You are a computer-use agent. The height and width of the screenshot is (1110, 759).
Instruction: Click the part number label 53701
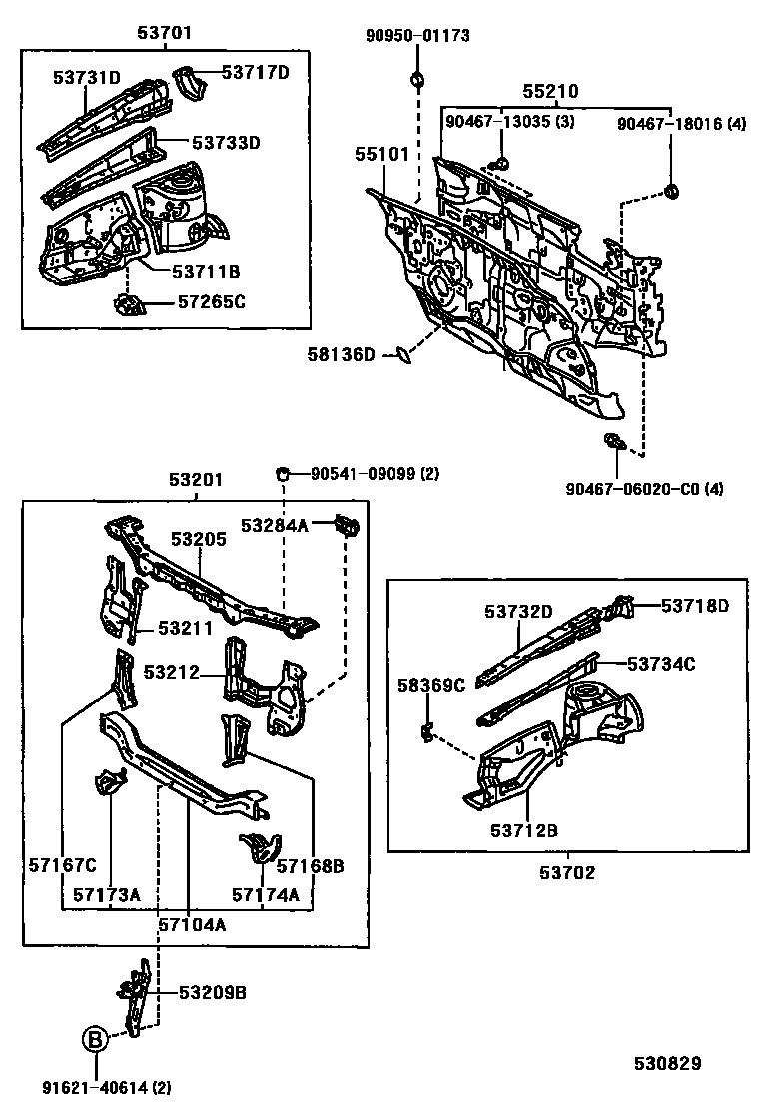click(x=164, y=33)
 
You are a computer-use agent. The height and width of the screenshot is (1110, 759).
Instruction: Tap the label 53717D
click(x=255, y=72)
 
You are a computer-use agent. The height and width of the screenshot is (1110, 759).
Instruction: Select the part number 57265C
click(x=211, y=302)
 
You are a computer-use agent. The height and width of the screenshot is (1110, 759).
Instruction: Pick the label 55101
click(x=381, y=155)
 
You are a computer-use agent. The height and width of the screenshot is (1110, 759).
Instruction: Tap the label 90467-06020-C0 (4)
click(x=644, y=488)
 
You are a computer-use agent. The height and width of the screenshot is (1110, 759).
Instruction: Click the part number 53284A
click(x=274, y=525)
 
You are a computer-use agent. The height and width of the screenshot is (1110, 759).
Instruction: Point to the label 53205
click(x=198, y=539)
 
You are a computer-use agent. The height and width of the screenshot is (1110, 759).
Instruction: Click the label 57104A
click(x=192, y=924)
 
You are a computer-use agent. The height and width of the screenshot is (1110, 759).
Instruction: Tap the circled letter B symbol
click(x=94, y=1040)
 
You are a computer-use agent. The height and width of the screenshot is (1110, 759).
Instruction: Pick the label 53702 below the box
click(x=568, y=872)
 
